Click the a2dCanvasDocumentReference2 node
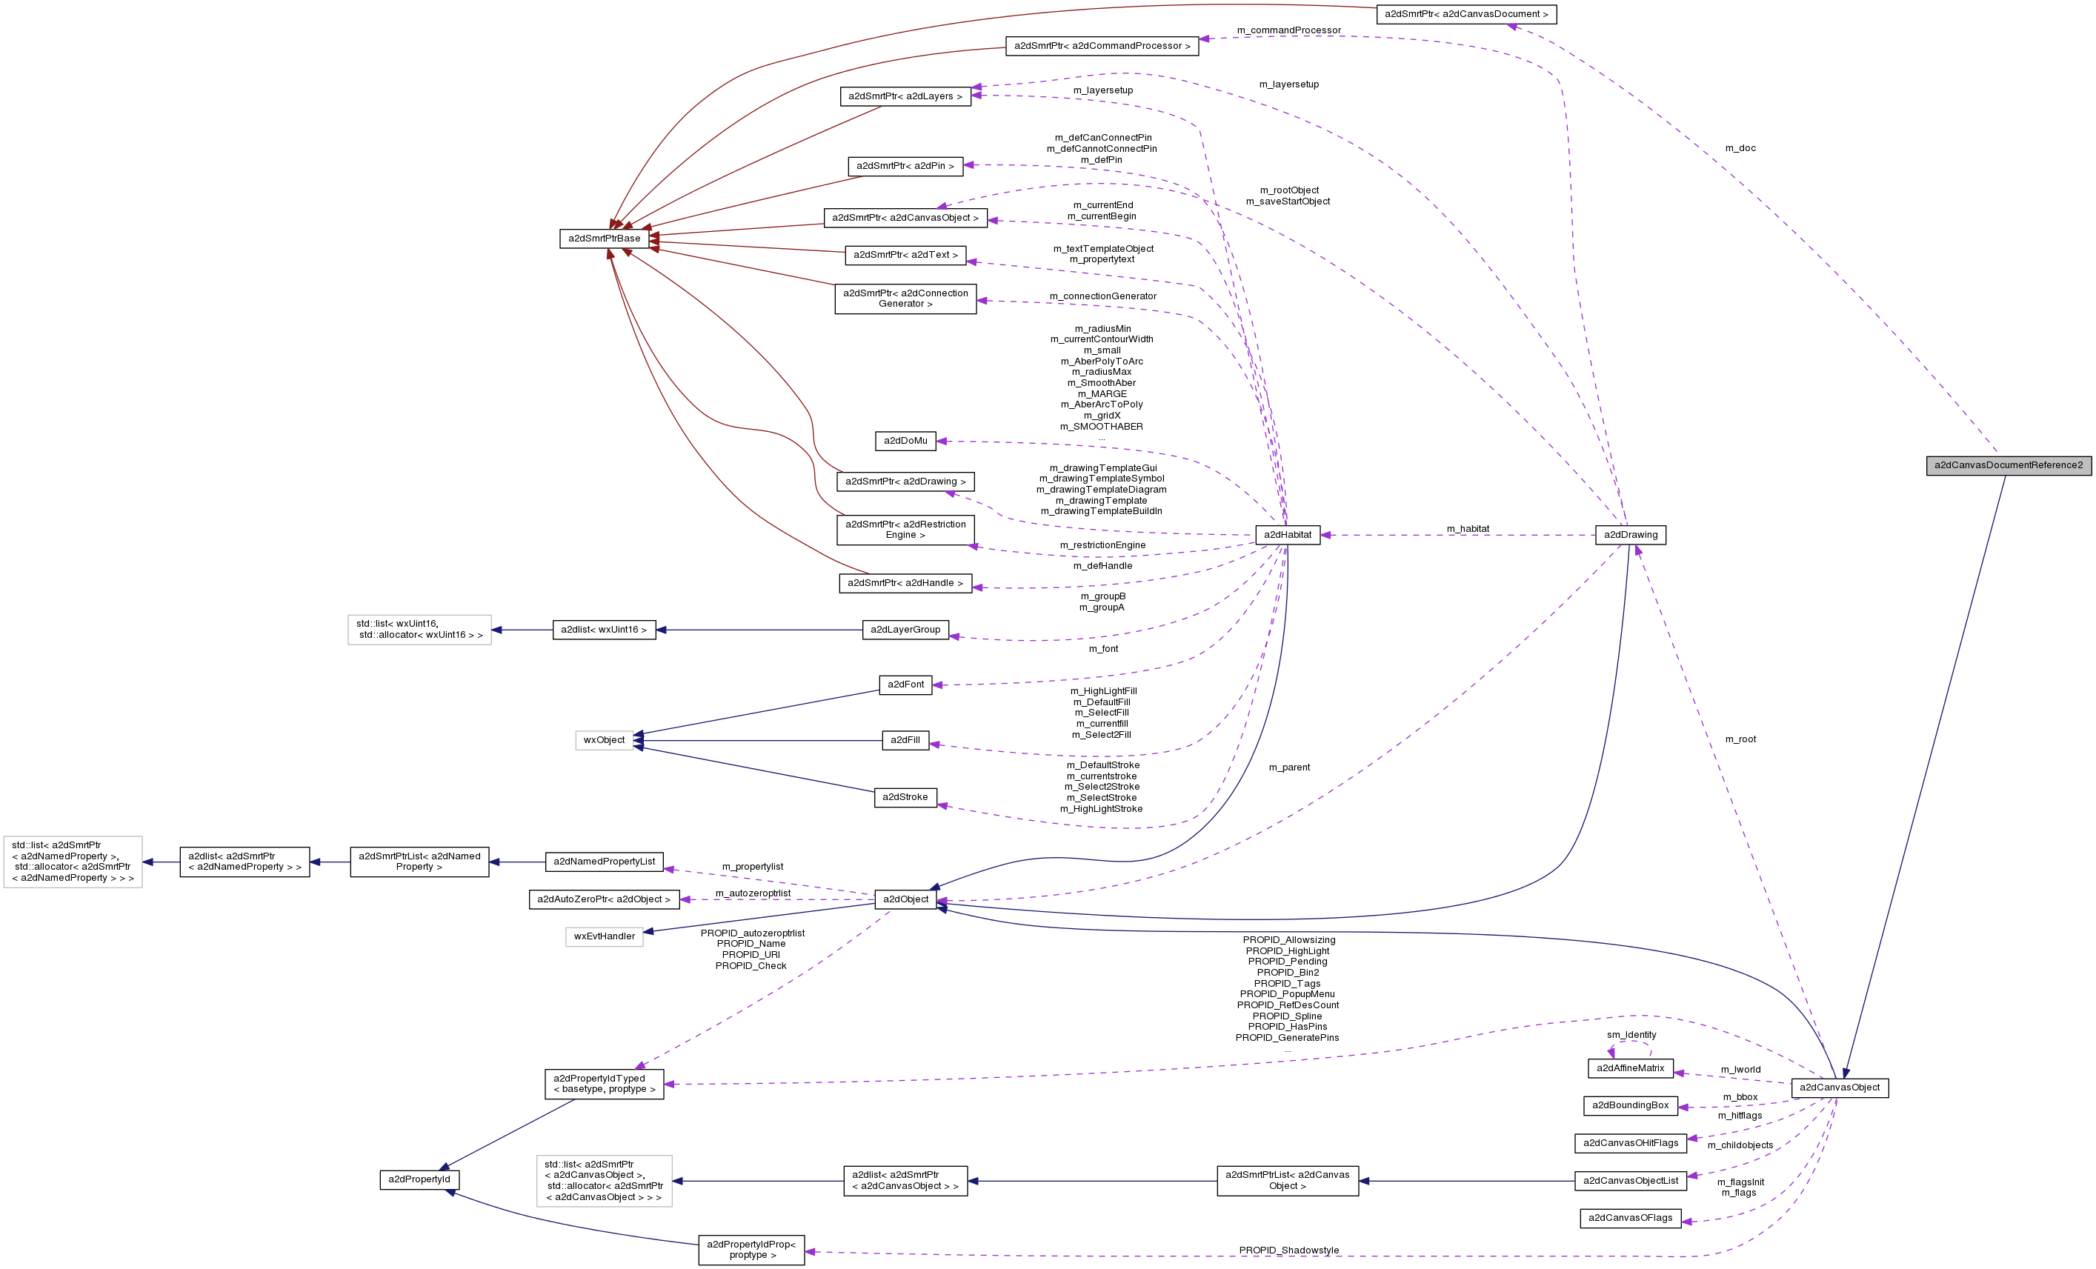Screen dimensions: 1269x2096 (x=2008, y=465)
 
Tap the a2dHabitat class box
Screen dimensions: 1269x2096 (x=1287, y=535)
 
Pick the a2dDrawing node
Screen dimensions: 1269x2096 (x=1630, y=535)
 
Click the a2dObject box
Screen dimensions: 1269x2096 (x=905, y=899)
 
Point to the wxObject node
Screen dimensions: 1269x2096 (x=604, y=741)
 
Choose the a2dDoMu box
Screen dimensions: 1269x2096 (x=905, y=441)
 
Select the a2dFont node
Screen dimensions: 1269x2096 (x=905, y=685)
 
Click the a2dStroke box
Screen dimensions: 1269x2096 (x=905, y=798)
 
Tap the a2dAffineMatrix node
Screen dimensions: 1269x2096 (x=1630, y=1068)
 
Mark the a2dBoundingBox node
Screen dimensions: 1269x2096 (x=1630, y=1106)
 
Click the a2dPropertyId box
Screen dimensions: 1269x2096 (x=419, y=1179)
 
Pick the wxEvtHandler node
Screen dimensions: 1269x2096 (x=604, y=936)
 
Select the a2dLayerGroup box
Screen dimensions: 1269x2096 (x=905, y=630)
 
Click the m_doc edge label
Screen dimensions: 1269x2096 (x=1740, y=148)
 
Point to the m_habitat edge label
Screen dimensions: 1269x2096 (x=1468, y=529)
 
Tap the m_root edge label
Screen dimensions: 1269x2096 (x=1740, y=739)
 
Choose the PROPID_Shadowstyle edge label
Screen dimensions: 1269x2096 (x=1288, y=1250)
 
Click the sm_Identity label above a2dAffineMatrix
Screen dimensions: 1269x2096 (x=1631, y=1035)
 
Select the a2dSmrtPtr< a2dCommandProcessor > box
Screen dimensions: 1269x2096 (x=1102, y=46)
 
